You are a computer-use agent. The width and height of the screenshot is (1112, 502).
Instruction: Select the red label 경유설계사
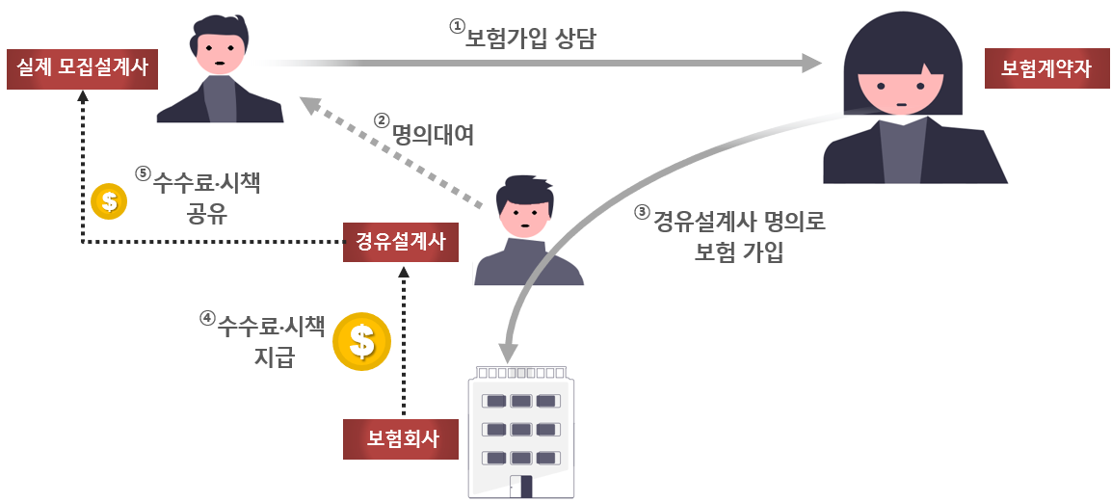401,241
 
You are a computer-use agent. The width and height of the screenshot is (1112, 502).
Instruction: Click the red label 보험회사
401,438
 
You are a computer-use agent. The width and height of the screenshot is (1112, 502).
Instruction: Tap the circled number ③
642,214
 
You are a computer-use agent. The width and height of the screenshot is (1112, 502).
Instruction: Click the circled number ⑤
143,173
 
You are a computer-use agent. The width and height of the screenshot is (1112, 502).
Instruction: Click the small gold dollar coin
108,201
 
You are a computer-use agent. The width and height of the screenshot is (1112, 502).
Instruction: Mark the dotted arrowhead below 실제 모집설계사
83,96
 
